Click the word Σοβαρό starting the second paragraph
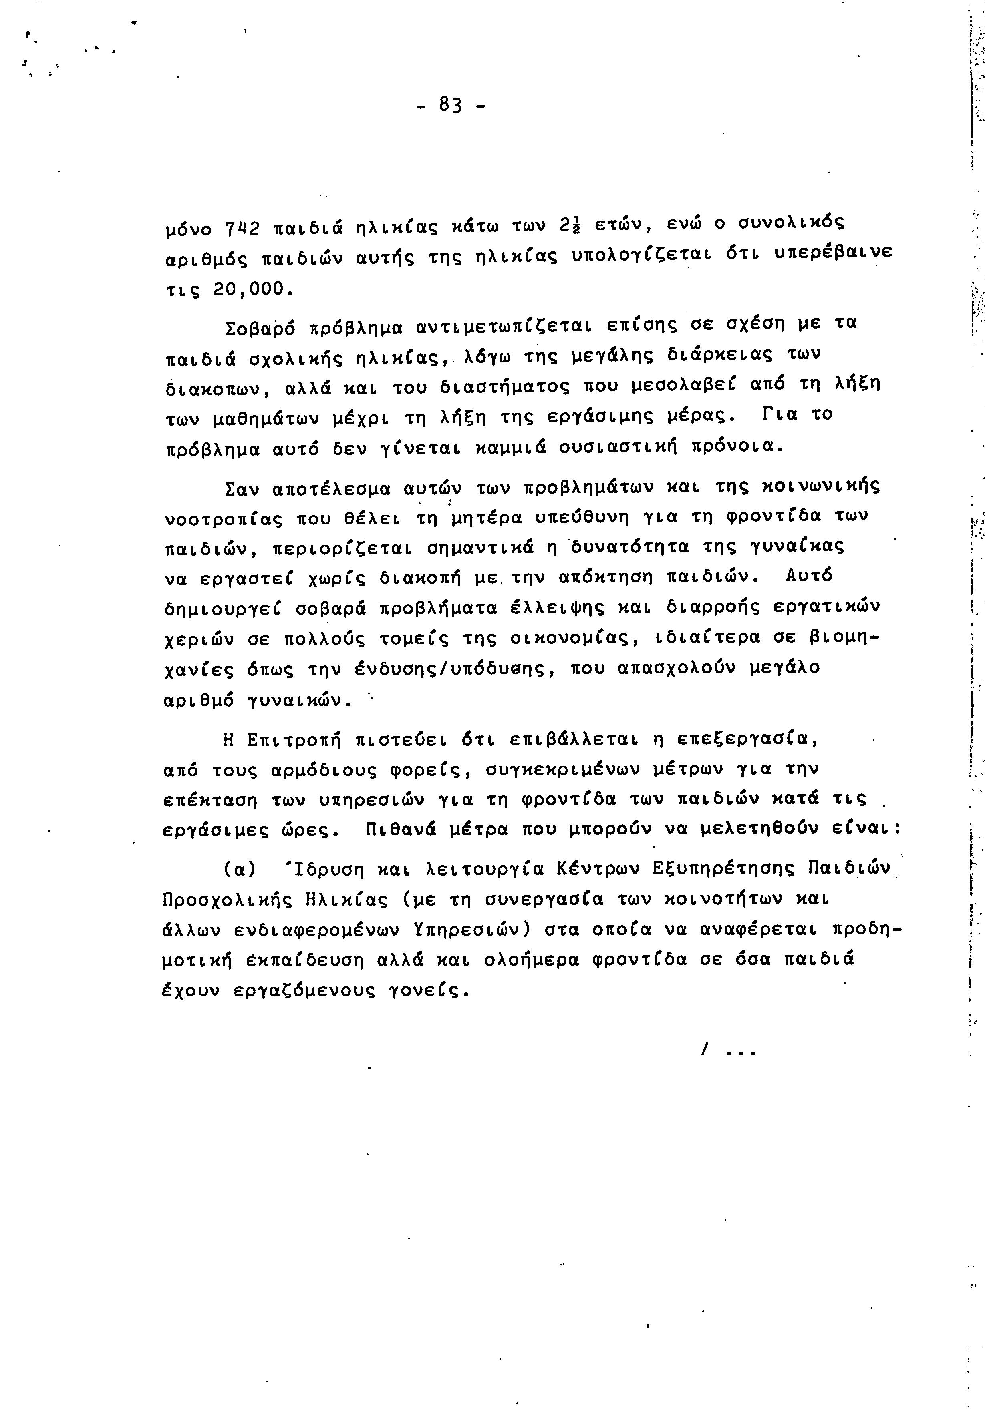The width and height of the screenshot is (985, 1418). coord(256,326)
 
